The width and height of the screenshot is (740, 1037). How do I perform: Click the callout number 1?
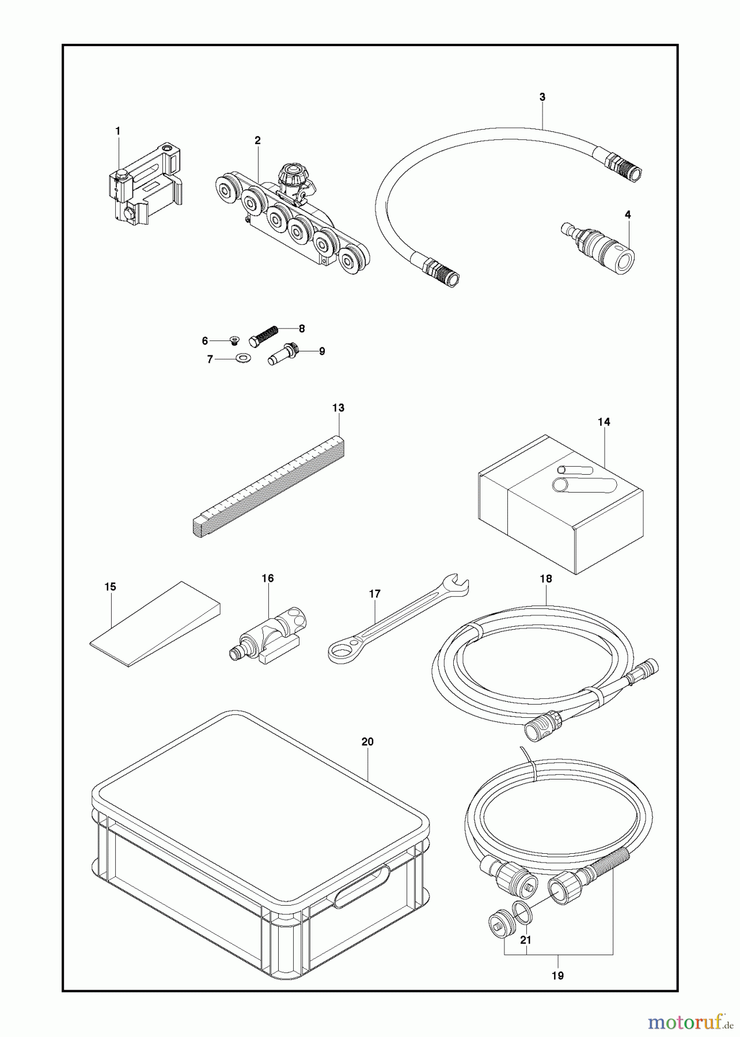point(117,131)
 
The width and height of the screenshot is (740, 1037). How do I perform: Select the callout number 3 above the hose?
point(542,97)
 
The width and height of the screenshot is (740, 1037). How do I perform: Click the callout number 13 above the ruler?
point(338,408)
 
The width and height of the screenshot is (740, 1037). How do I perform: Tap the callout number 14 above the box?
point(604,422)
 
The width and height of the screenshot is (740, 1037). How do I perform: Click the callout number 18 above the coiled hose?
point(546,578)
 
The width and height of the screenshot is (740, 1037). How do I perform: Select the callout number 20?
point(367,742)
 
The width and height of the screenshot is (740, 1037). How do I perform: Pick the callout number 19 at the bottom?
point(557,975)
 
